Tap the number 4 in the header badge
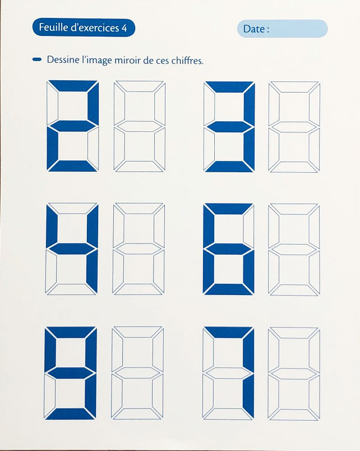[x=124, y=28]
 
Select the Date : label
[x=256, y=29]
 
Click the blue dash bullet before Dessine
[x=37, y=59]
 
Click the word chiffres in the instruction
[x=187, y=61]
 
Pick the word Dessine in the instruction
[x=63, y=60]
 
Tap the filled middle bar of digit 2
[x=72, y=126]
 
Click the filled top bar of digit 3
[x=229, y=87]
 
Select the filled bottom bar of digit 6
[x=228, y=289]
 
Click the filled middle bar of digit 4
[x=72, y=249]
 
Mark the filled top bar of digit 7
[x=228, y=332]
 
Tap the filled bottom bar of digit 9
[x=70, y=413]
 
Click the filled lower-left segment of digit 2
[x=52, y=148]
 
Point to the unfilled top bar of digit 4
[x=72, y=208]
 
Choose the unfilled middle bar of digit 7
[x=228, y=373]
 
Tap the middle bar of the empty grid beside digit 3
[x=294, y=127]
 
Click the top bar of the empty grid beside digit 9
[x=138, y=332]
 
